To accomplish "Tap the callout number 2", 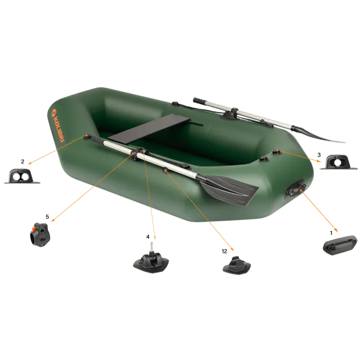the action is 23,162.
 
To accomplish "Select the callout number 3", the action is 319,155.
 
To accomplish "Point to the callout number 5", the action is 47,217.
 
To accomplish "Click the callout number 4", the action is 148,236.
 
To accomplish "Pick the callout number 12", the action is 224,251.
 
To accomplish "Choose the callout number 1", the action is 331,233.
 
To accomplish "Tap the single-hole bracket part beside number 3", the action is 338,162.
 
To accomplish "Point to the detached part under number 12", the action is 236,265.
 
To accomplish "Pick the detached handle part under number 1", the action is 340,245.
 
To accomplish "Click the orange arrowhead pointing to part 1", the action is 336,230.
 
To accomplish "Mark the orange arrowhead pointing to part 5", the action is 53,220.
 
